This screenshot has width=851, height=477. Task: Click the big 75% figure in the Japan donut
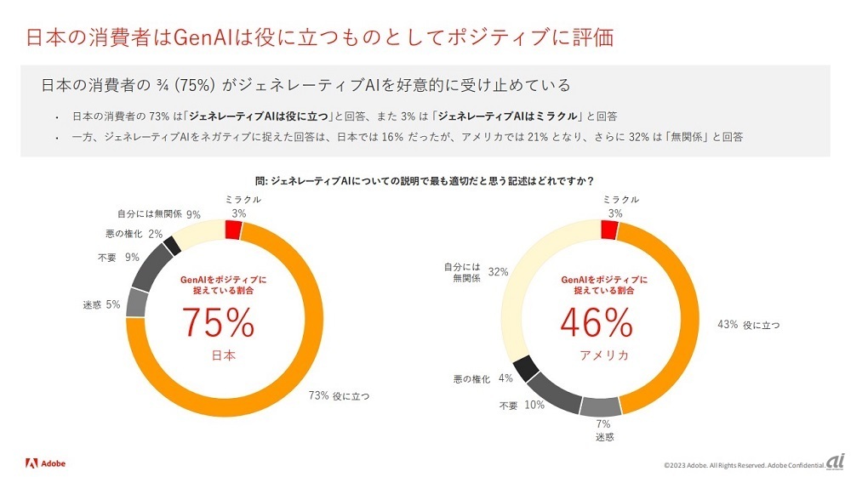(218, 324)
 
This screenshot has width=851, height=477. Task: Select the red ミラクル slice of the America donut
(608, 230)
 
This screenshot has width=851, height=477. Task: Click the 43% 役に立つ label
(749, 325)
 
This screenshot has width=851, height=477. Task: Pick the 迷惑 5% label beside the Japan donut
(100, 304)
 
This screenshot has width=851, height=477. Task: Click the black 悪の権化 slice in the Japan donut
(172, 245)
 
